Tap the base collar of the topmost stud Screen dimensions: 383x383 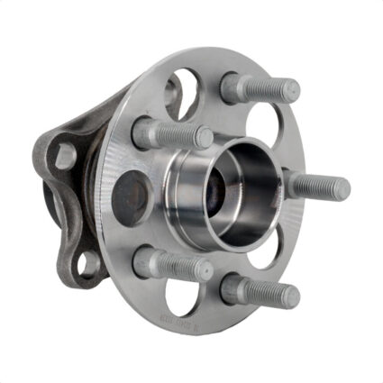coord(233,87)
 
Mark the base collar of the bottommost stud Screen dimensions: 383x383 coord(233,288)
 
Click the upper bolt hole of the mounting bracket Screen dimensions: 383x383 coord(65,156)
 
